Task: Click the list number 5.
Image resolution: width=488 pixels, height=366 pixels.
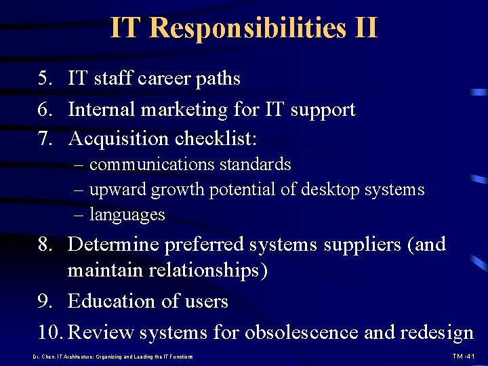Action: (x=45, y=79)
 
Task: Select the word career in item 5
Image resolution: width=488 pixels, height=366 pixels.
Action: (x=165, y=79)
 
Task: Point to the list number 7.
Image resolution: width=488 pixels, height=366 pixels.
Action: (x=45, y=139)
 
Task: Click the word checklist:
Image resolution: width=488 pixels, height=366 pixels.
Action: (x=216, y=139)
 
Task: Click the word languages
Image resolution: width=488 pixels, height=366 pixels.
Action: (x=127, y=215)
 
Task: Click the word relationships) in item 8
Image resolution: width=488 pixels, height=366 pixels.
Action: (x=201, y=270)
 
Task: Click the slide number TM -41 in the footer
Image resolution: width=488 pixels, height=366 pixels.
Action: (x=464, y=357)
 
